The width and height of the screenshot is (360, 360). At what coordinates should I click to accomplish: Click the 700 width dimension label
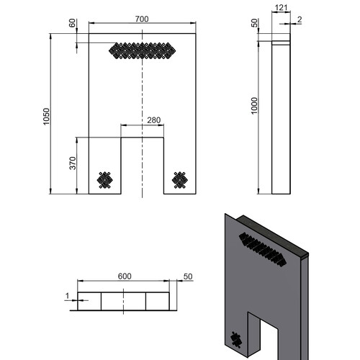click(x=142, y=19)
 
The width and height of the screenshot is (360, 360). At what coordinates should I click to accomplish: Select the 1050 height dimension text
click(x=46, y=117)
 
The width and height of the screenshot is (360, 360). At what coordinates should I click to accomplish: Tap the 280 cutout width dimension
click(x=154, y=120)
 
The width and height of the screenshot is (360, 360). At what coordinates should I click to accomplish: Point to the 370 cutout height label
click(x=73, y=163)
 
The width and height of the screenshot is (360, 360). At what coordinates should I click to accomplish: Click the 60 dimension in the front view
click(x=72, y=23)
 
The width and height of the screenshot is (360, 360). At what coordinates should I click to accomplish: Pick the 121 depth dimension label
click(x=281, y=8)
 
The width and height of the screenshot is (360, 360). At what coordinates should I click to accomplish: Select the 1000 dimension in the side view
click(x=254, y=106)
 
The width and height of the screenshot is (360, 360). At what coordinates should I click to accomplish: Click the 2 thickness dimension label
click(x=300, y=19)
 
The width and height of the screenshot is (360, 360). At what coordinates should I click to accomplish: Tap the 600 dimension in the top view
click(x=125, y=276)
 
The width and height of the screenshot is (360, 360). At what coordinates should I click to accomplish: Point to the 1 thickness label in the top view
click(x=68, y=296)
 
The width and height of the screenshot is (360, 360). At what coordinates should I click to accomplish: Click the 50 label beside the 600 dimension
click(x=188, y=276)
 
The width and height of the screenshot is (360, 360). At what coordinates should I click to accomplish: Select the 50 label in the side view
click(x=254, y=23)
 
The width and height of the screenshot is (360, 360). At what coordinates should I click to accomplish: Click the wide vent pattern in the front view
click(x=142, y=50)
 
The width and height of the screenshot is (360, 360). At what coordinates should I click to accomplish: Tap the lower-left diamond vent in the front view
click(x=105, y=180)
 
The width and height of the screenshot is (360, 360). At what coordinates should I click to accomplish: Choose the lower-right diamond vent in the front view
click(x=180, y=180)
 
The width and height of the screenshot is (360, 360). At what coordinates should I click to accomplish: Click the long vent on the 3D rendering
click(x=263, y=250)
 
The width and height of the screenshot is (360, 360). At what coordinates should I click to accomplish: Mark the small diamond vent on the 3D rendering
click(x=236, y=340)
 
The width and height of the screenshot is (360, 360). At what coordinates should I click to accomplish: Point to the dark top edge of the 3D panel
click(x=272, y=234)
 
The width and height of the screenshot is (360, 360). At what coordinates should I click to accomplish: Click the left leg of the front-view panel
click(x=105, y=166)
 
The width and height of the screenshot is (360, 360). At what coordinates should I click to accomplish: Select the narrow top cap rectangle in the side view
click(x=281, y=43)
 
